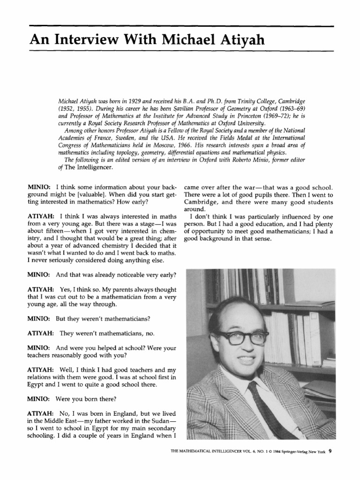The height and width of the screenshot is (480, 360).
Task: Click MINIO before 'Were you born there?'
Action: pos(40,400)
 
